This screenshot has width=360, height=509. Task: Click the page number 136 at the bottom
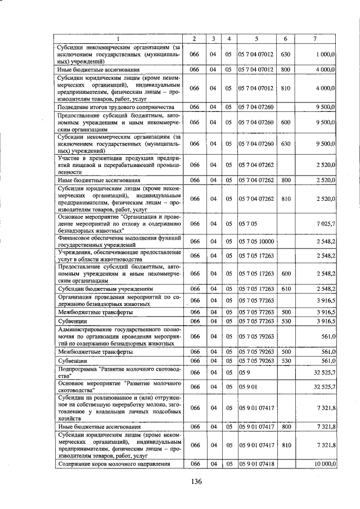[x=196, y=481]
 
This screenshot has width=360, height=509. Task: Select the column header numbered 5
[x=256, y=38]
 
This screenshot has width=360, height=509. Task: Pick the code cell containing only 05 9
[x=244, y=372]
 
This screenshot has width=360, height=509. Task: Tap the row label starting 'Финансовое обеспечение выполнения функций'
[x=119, y=241]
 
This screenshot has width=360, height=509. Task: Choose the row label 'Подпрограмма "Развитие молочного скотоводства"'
[x=119, y=372]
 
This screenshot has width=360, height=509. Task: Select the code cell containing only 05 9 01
[x=247, y=387]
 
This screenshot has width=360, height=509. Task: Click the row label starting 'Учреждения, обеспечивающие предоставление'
[x=119, y=256]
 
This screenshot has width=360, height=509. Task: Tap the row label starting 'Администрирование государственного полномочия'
[x=119, y=336]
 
